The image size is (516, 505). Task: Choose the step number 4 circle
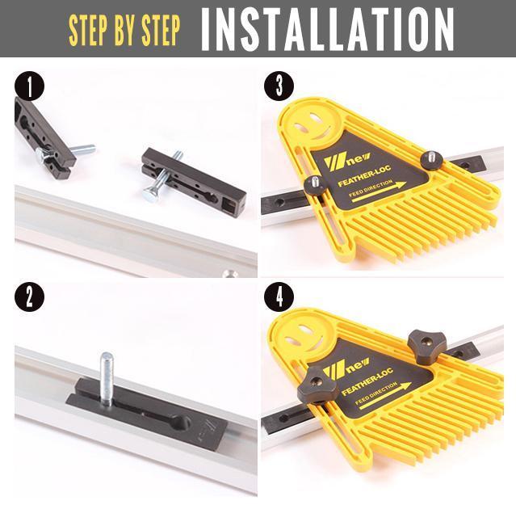click(279, 298)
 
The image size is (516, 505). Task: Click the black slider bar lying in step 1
click(194, 179)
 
